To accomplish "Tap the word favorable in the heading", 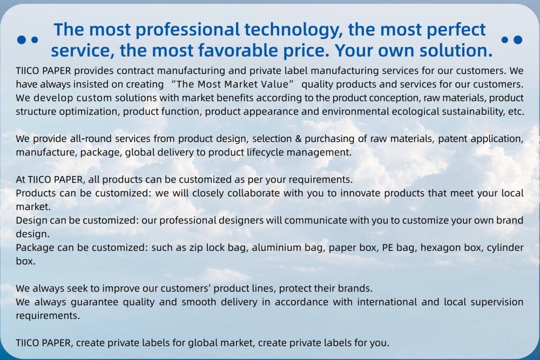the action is [238, 51].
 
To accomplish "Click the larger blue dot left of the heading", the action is [22, 40].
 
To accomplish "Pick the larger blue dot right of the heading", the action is [518, 40].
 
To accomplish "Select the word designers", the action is [240, 220].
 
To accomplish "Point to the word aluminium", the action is [276, 247].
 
